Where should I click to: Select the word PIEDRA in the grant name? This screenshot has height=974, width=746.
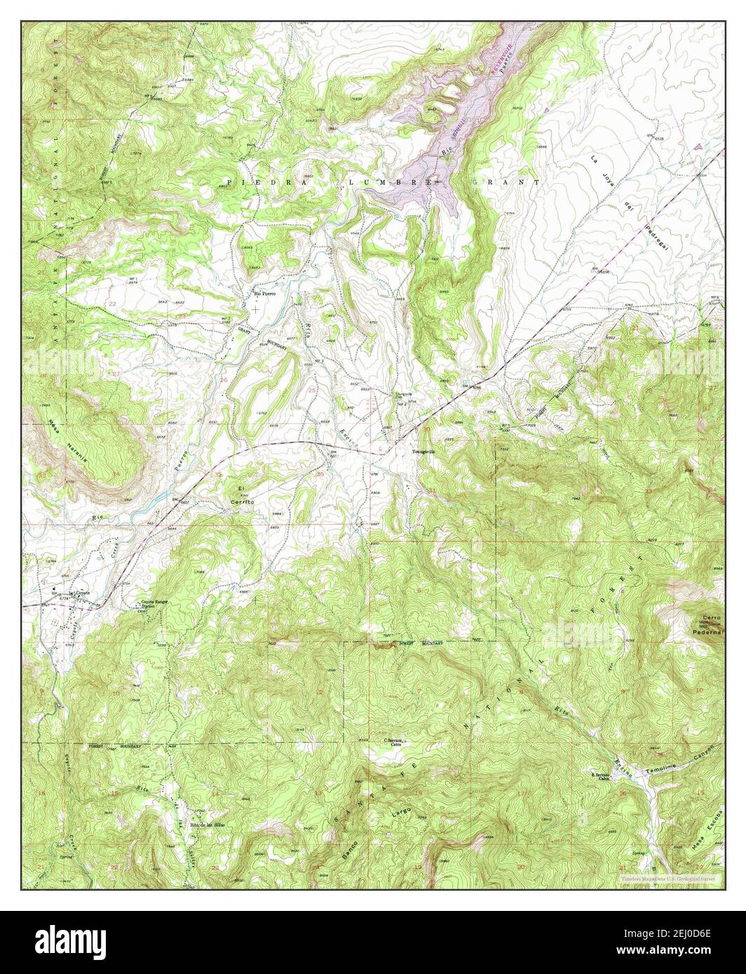[x=257, y=181]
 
